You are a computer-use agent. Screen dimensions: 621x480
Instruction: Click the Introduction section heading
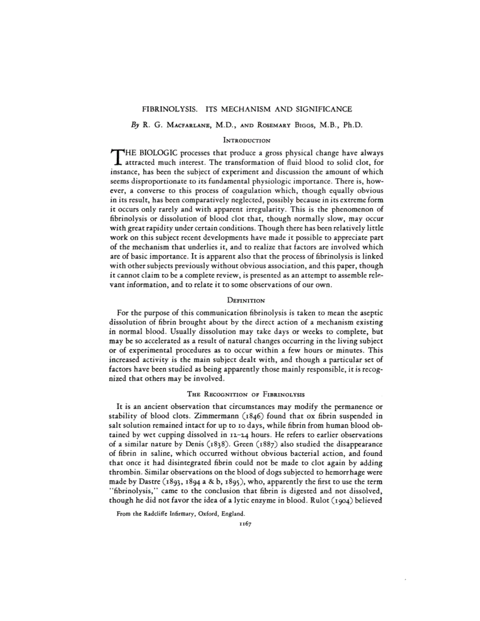tap(247, 141)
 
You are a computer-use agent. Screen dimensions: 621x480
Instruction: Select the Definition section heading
tap(246, 300)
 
